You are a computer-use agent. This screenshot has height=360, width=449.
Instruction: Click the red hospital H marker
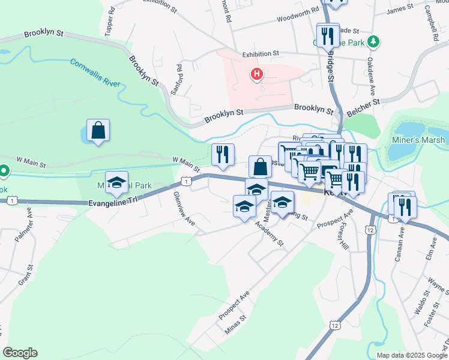point(257,74)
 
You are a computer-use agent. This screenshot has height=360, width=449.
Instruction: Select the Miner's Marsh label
point(420,140)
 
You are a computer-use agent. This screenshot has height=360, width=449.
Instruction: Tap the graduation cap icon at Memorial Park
point(116,182)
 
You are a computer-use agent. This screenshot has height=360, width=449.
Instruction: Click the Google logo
point(20,353)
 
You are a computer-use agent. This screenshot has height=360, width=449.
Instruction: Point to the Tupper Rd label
point(109,23)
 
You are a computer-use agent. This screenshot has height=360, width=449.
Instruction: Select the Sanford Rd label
point(178,80)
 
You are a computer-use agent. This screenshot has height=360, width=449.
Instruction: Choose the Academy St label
point(269,234)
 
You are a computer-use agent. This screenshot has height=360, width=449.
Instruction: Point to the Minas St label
point(235,326)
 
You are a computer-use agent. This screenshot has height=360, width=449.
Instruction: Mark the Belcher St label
point(364,107)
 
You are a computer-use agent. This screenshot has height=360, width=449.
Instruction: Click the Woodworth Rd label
point(298,16)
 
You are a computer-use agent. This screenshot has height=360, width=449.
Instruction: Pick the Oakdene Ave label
point(372,86)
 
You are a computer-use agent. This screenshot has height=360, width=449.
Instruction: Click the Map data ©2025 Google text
point(412,355)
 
